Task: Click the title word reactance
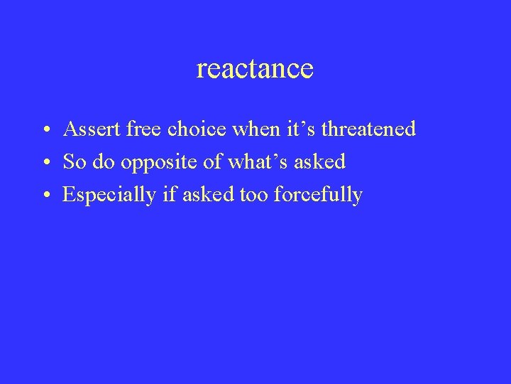[255, 69]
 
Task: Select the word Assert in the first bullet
[86, 129]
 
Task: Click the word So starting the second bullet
[73, 162]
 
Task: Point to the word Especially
[109, 195]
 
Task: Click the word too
[252, 195]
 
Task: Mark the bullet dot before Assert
[44, 131]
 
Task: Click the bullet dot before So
[44, 164]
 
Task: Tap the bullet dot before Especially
[44, 196]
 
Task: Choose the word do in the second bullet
[104, 162]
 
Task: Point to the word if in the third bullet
[169, 195]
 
